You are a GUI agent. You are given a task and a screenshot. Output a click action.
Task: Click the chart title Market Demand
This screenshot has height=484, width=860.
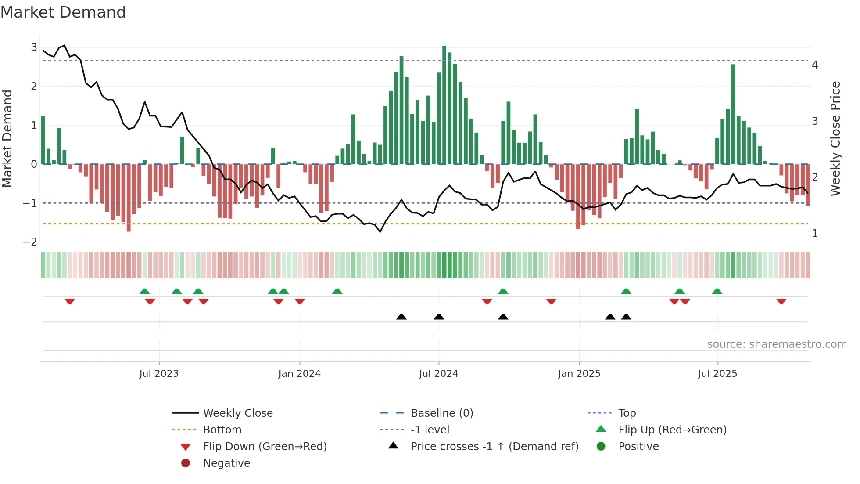[x=63, y=12]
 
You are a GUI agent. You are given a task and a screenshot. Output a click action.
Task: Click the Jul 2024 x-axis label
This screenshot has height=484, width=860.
[x=438, y=374]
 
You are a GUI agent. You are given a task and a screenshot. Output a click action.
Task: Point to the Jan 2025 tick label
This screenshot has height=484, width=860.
[x=579, y=374]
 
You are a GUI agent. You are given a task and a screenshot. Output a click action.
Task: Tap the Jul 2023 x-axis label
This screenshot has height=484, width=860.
[x=159, y=374]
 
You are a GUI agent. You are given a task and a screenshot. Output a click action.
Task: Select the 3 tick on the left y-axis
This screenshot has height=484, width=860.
[x=34, y=47]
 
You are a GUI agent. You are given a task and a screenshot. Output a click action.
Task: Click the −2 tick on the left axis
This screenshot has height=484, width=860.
[x=30, y=242]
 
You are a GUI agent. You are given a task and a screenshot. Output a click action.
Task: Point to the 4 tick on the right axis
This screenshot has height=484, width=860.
[x=815, y=65]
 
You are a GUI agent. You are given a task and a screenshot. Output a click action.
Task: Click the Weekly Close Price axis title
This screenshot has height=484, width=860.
[x=835, y=138]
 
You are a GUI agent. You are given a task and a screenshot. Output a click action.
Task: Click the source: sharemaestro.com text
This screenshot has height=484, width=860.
[x=777, y=344]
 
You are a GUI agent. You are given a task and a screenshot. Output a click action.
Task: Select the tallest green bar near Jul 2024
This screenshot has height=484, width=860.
[x=444, y=105]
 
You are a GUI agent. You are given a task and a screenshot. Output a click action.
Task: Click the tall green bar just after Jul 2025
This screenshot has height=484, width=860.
[x=733, y=114]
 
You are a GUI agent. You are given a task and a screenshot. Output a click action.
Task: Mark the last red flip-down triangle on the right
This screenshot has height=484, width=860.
[x=781, y=302]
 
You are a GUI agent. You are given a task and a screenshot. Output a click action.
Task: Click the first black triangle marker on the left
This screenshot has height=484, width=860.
[x=401, y=317]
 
